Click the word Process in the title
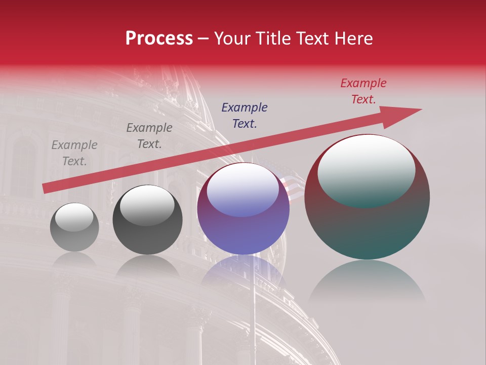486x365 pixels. click(x=159, y=39)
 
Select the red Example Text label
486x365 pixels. click(x=363, y=91)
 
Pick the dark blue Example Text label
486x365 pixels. click(x=245, y=115)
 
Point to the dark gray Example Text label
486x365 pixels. click(x=149, y=136)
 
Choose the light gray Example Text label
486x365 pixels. click(x=74, y=153)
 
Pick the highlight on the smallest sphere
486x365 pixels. click(x=74, y=217)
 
